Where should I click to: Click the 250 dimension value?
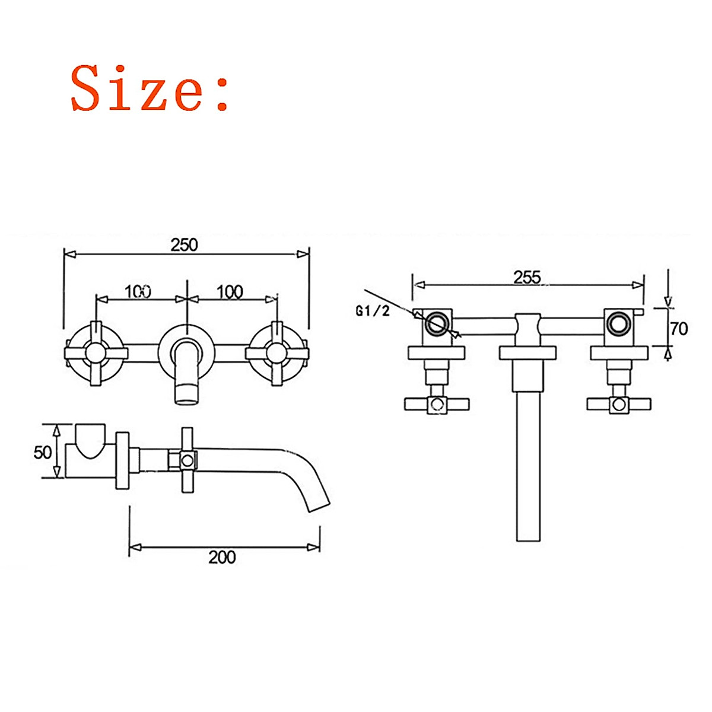(184, 244)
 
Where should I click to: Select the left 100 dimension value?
(138, 292)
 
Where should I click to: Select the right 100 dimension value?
(230, 292)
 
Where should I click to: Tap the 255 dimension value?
(527, 277)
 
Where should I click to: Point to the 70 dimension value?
(678, 328)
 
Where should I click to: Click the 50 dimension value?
(43, 452)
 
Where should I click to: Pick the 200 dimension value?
(222, 557)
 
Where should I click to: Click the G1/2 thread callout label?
(373, 310)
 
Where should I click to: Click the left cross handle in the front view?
(95, 354)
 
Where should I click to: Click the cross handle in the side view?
(187, 459)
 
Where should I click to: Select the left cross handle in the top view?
(437, 404)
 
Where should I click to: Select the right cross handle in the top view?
(619, 404)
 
